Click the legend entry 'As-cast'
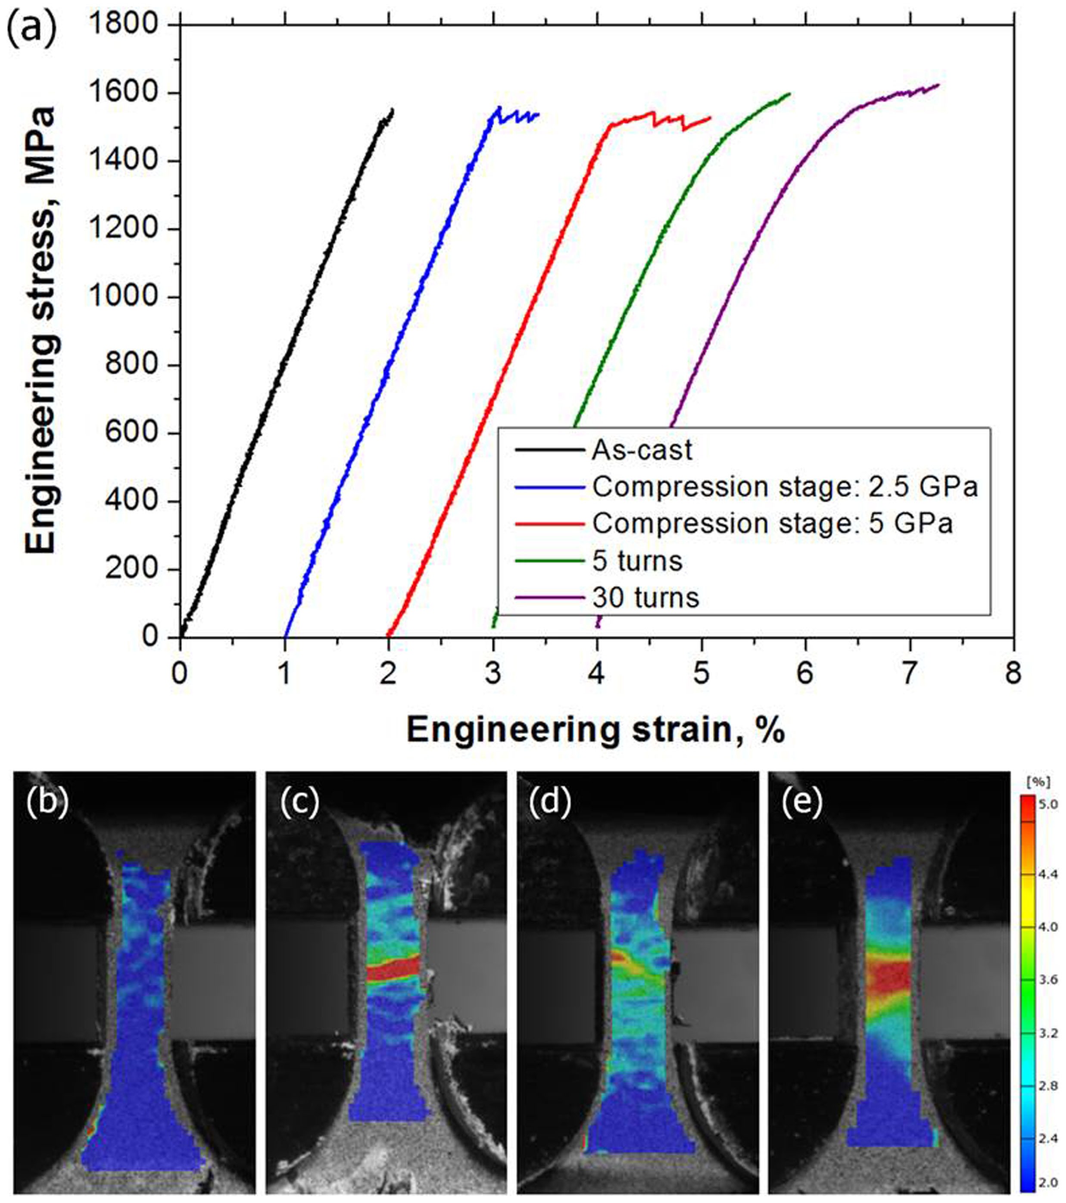pos(642,451)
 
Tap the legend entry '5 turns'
pos(637,561)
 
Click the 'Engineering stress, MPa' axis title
pos(41,330)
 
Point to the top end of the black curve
pos(393,109)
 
